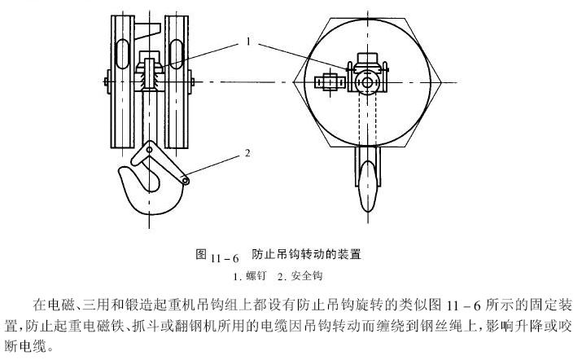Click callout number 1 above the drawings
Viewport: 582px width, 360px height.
pyautogui.click(x=248, y=42)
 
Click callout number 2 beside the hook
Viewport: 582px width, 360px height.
pyautogui.click(x=247, y=152)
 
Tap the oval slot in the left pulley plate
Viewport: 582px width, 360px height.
pyautogui.click(x=122, y=55)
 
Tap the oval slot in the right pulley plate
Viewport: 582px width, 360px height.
pyautogui.click(x=177, y=55)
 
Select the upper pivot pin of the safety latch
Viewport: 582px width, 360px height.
pyautogui.click(x=149, y=150)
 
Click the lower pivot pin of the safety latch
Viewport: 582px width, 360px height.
pyautogui.click(x=186, y=181)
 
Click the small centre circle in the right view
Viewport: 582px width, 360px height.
pyautogui.click(x=367, y=82)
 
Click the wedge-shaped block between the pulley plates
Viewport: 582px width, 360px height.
pyautogui.click(x=147, y=30)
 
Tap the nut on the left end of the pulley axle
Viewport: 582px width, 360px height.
pyautogui.click(x=107, y=81)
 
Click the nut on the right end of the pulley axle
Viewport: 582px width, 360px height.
pyautogui.click(x=191, y=81)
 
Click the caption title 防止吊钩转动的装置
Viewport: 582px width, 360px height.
pyautogui.click(x=307, y=254)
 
